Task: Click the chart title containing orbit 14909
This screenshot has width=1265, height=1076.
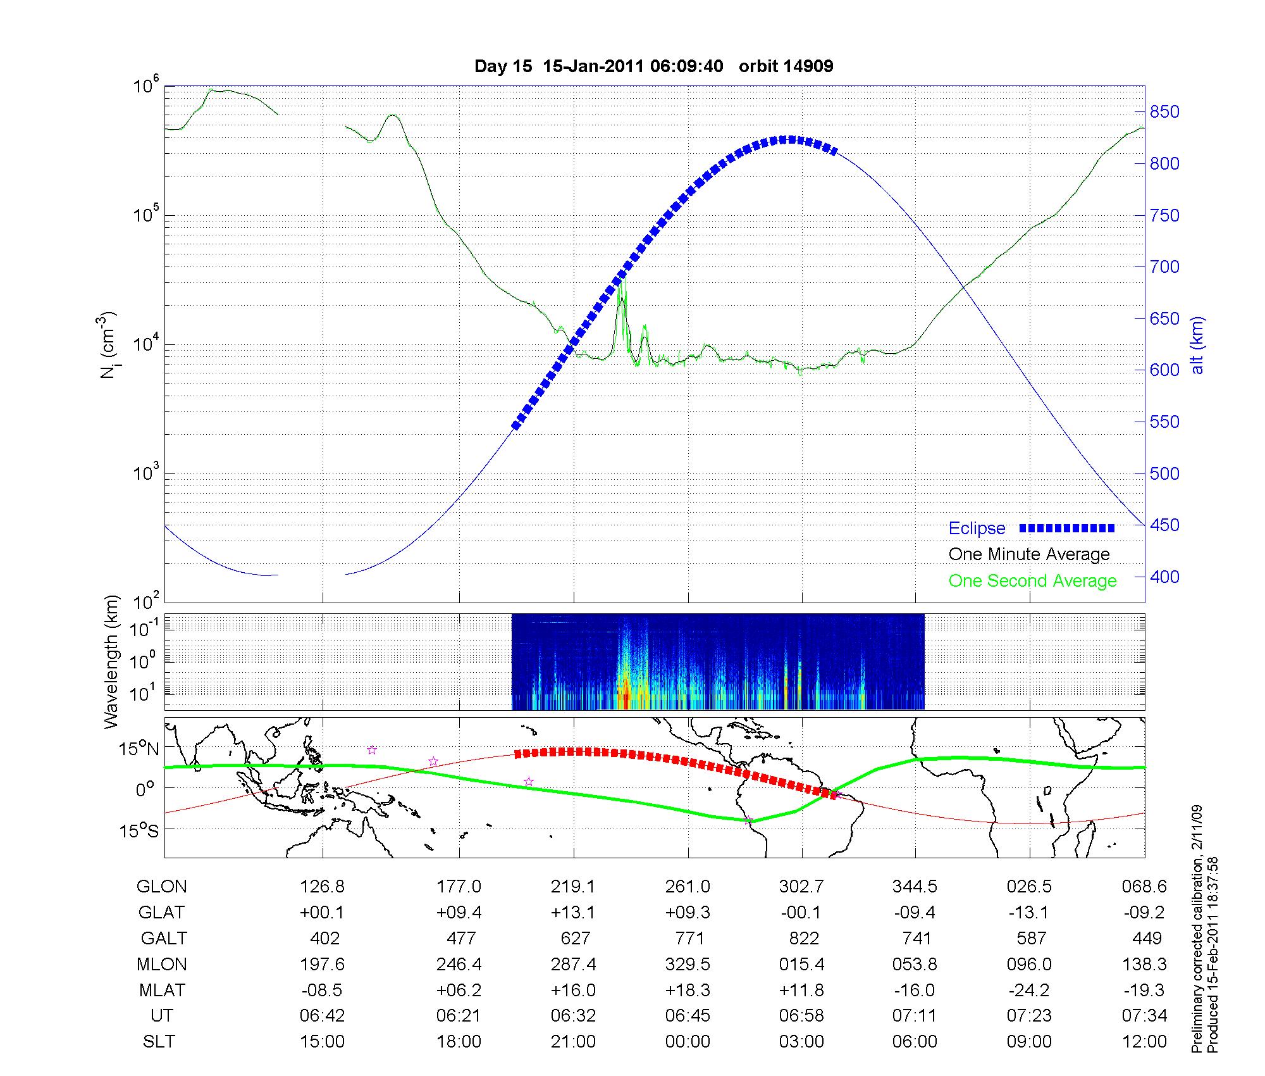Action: click(653, 66)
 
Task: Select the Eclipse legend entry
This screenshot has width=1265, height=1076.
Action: click(977, 529)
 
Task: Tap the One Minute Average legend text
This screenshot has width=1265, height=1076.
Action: click(1029, 554)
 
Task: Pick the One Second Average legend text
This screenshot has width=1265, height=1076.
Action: click(1032, 581)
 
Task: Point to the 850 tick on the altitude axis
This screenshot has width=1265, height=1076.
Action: click(1164, 112)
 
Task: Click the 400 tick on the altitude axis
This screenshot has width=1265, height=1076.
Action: click(1164, 577)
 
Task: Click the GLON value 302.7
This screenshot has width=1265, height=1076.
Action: click(801, 887)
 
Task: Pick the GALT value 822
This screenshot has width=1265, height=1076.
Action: click(804, 938)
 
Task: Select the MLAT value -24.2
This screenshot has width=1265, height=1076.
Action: click(1029, 990)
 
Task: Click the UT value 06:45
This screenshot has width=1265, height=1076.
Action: click(688, 1016)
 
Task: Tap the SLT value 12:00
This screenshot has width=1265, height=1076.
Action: click(1144, 1042)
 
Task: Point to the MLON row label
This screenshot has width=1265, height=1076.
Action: click(162, 964)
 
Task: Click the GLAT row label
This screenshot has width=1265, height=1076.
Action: click(162, 913)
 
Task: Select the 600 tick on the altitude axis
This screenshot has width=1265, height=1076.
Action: click(1164, 370)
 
